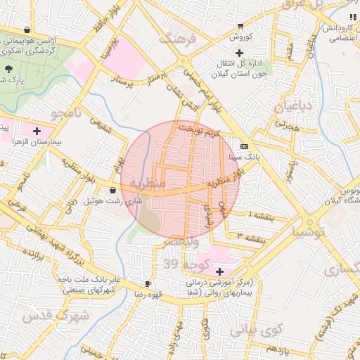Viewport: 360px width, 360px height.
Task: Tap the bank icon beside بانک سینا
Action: coord(244,146)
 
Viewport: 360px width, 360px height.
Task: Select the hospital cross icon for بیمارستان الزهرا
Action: coord(37,131)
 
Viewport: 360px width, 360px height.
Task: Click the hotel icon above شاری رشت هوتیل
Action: coord(113,190)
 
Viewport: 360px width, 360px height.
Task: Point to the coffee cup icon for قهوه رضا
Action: coord(148,283)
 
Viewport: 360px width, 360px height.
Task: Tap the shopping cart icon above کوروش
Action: coord(240,25)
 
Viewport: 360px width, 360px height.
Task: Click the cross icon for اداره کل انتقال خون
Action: coord(240,53)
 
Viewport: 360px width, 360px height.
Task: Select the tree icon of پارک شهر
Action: coord(9,69)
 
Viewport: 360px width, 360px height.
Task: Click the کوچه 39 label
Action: coord(181,264)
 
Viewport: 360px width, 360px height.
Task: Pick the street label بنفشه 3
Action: coord(252,238)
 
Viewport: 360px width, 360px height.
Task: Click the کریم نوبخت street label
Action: coord(199,131)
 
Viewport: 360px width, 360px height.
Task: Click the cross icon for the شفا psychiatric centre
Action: coord(220,272)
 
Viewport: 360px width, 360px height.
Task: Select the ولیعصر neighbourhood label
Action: coord(181,242)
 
